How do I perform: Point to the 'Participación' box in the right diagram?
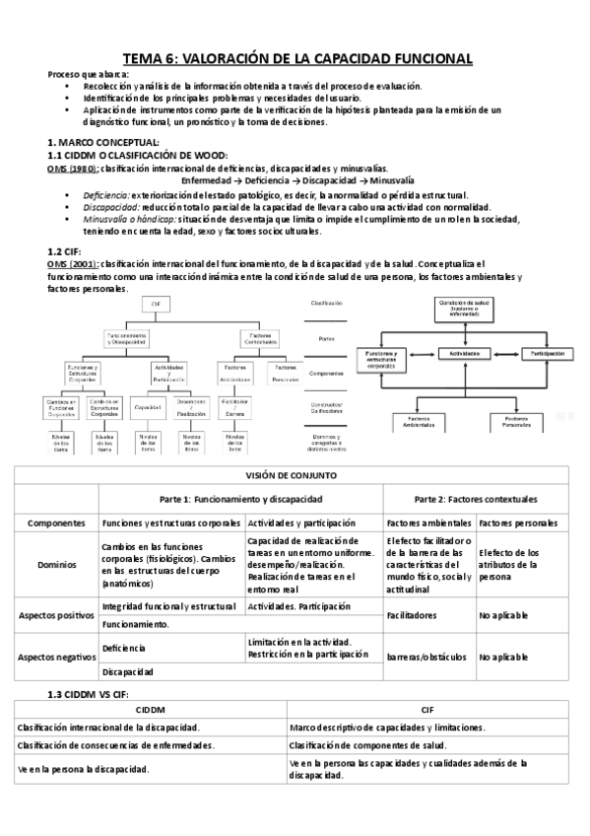coord(547,352)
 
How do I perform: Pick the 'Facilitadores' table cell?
coord(413,614)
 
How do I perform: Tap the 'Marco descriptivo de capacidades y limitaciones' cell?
coord(387,727)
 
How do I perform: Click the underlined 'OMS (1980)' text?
coord(72,169)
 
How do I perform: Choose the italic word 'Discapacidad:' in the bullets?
coord(110,207)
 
